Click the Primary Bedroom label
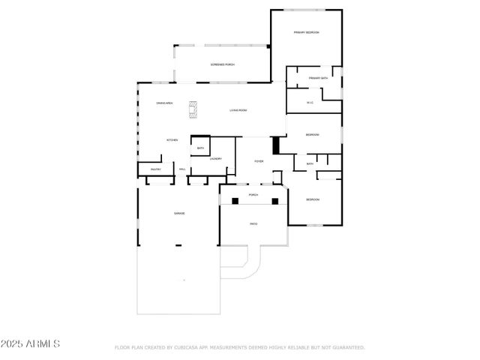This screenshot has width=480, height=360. (306, 33)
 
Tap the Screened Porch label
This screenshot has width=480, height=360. (223, 65)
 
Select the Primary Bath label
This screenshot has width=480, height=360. (318, 78)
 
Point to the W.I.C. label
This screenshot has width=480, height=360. (310, 103)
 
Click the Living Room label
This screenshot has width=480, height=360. (238, 111)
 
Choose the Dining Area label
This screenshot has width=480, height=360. (164, 103)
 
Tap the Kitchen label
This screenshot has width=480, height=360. (172, 140)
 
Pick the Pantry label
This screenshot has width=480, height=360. (156, 169)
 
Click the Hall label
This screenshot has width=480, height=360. (182, 169)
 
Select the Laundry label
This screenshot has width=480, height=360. (215, 158)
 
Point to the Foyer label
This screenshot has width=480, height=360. (259, 161)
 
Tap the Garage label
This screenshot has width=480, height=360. (179, 214)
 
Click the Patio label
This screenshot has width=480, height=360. (253, 223)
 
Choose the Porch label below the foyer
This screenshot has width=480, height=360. (253, 195)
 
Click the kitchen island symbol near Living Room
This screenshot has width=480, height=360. (193, 109)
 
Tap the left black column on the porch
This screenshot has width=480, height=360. (235, 200)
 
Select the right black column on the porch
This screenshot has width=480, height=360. (274, 200)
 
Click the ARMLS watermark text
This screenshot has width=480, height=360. (31, 344)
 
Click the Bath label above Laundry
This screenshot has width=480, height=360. (200, 148)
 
